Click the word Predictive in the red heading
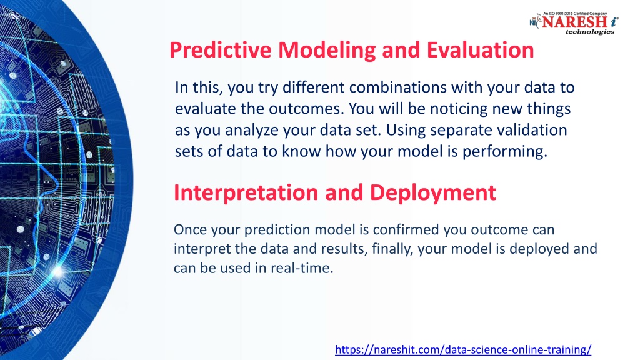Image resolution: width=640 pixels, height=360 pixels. [221, 50]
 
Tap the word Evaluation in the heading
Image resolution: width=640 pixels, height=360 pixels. [481, 50]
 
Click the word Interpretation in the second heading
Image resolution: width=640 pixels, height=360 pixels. [246, 193]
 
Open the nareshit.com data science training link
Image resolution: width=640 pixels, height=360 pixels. [463, 350]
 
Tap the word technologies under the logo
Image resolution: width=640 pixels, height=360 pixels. [590, 32]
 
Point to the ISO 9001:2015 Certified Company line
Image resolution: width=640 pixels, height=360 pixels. [575, 14]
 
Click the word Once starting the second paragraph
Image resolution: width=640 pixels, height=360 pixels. [192, 230]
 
